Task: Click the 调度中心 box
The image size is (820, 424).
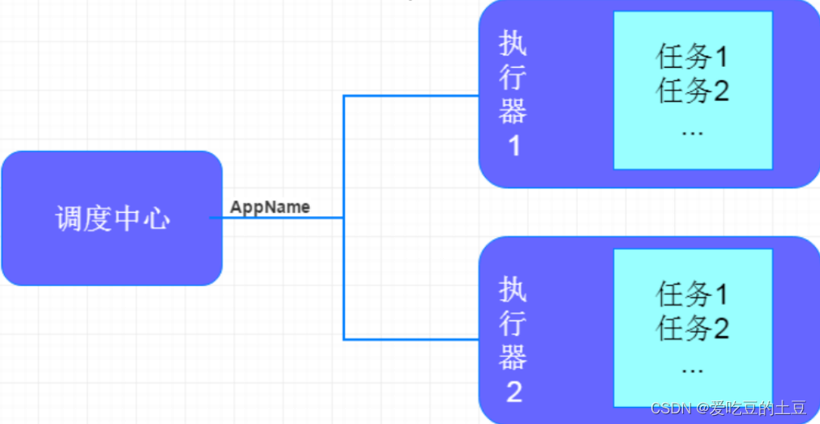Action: coord(112,218)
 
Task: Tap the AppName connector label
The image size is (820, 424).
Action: coord(270,207)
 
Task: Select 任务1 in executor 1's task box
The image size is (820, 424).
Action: coord(692,57)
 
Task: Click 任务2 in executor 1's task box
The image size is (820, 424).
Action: coord(692,91)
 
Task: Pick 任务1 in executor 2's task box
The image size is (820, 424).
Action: coord(692,294)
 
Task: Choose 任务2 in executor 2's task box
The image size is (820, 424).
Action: coord(692,329)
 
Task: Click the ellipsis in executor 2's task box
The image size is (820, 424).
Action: coord(691,369)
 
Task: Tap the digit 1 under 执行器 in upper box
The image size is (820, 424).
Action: coord(514,147)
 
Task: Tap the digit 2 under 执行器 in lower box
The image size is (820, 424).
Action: coord(514,392)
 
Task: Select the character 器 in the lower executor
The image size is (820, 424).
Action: coord(514,357)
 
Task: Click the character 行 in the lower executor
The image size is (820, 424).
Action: coord(514,323)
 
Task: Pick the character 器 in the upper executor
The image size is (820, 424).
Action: coord(514,112)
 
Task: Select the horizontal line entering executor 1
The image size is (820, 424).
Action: coord(412,96)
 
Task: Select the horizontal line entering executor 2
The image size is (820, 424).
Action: coord(412,338)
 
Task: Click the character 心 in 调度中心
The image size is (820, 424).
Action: coord(156,219)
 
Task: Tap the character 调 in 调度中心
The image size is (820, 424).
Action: coord(68,219)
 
